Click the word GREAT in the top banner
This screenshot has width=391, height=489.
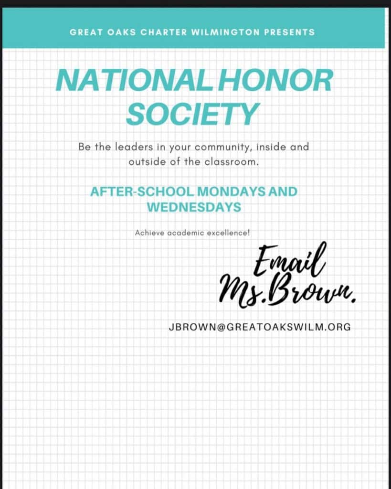pyautogui.click(x=85, y=32)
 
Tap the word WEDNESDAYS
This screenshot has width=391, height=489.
pyautogui.click(x=193, y=208)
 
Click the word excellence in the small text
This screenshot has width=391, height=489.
pyautogui.click(x=227, y=233)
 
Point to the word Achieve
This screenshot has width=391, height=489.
pyautogui.click(x=149, y=233)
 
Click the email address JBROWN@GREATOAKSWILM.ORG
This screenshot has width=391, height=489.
pyautogui.click(x=259, y=328)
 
